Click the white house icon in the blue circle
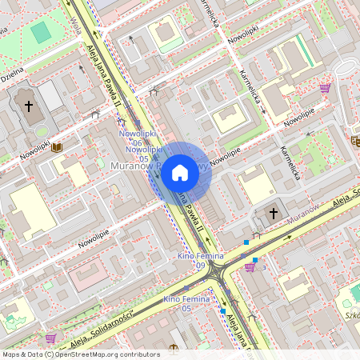[x=180, y=173]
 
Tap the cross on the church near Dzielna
[x=29, y=106]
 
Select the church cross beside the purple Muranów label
[x=274, y=213]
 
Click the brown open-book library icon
[x=56, y=147]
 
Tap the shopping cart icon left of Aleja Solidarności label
[x=51, y=338]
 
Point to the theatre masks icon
[x=354, y=142]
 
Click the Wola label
[x=77, y=11]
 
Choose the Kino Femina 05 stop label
[x=182, y=302]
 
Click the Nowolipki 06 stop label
[x=137, y=138]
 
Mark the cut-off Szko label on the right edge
[x=350, y=314]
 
